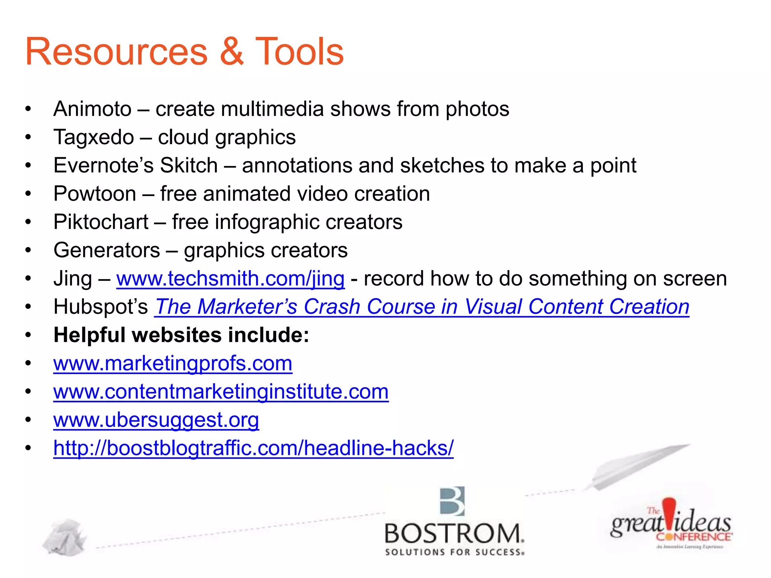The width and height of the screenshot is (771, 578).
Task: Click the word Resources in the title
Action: point(116,52)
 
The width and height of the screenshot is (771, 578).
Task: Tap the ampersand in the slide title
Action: point(231,52)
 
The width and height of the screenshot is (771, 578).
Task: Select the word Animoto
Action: point(93,109)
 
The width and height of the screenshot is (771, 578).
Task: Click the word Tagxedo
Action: point(94,137)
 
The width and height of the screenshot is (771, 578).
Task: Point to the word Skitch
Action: point(189,166)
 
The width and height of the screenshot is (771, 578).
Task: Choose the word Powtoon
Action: point(94,194)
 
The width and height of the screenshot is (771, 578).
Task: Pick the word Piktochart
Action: point(101,222)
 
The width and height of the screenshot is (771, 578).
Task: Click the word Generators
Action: point(107,250)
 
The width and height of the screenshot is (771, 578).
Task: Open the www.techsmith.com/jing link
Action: point(230,279)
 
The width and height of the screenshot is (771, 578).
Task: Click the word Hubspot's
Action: point(101,307)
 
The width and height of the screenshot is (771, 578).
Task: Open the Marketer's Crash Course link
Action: point(422,307)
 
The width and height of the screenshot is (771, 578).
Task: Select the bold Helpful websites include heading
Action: point(181,335)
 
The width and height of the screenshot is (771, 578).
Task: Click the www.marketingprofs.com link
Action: point(173,364)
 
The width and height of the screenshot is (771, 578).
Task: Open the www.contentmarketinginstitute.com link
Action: point(221,392)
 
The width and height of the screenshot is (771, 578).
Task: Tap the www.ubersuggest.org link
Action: point(156,420)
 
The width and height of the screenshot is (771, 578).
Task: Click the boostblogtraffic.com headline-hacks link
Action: point(253,448)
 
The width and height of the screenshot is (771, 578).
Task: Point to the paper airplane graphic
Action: point(632,467)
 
